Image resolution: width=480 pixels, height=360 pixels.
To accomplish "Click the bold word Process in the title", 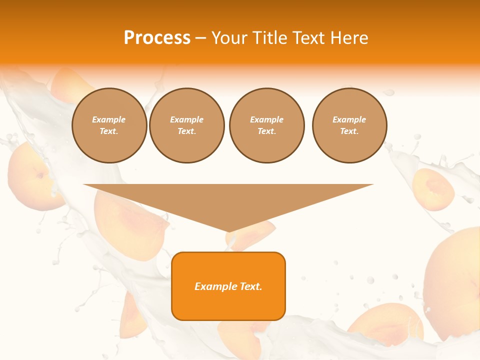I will click(x=157, y=37).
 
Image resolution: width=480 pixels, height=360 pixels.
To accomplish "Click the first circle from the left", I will click(x=109, y=125).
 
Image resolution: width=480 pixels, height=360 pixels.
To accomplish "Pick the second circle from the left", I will click(x=186, y=125).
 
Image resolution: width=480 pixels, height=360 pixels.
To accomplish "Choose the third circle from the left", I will click(x=266, y=125).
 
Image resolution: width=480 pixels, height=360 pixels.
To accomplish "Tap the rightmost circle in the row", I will click(x=349, y=125).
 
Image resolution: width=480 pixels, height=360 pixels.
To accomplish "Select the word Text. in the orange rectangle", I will click(x=250, y=286).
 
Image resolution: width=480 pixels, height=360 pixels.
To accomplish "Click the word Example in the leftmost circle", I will click(x=109, y=119).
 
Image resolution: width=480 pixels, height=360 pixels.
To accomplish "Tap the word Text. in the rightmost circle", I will click(x=349, y=131).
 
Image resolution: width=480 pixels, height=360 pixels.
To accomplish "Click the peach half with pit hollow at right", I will click(x=433, y=189).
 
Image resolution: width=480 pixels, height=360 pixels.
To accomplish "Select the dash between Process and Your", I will click(x=200, y=38).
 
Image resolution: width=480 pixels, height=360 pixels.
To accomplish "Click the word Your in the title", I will click(x=227, y=38).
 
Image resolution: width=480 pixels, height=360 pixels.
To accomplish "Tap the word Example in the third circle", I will click(x=266, y=119).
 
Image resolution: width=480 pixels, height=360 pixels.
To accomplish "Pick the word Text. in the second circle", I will click(x=186, y=131).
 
